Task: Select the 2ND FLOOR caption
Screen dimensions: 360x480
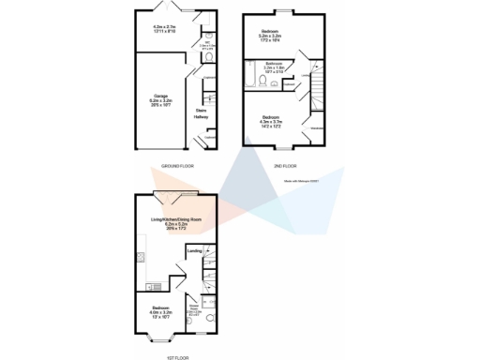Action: click(x=284, y=166)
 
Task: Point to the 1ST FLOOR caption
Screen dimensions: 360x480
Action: click(x=178, y=355)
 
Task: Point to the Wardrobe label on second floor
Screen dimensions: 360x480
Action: click(x=318, y=128)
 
